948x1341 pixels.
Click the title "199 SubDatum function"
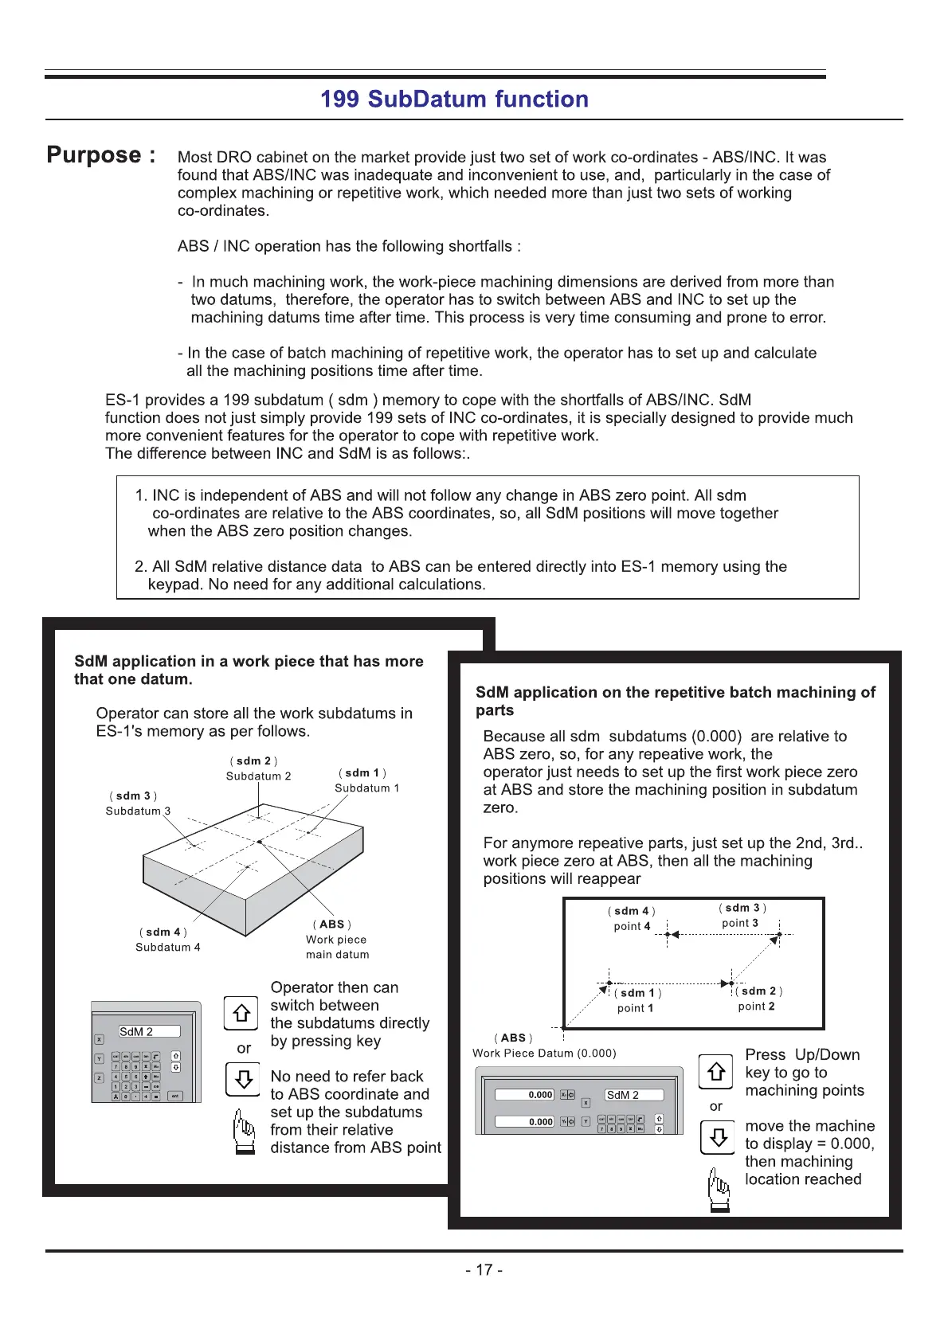click(454, 100)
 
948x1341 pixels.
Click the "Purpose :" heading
click(101, 155)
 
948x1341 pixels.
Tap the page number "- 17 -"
click(484, 1270)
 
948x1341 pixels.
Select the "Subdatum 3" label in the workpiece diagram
click(138, 811)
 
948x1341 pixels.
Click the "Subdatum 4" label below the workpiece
click(168, 948)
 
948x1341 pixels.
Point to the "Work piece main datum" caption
click(337, 947)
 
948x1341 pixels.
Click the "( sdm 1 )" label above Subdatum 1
click(362, 772)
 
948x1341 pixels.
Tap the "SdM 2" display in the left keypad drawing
click(149, 1031)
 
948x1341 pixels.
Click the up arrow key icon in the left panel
click(241, 1013)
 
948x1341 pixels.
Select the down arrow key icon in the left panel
click(243, 1080)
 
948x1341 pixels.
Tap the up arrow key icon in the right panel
click(715, 1071)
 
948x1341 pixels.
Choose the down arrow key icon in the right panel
click(717, 1138)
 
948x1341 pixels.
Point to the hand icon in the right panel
click(718, 1190)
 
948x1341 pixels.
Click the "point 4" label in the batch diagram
click(632, 926)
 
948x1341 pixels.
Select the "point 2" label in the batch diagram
click(756, 1007)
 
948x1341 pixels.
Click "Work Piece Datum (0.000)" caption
click(544, 1053)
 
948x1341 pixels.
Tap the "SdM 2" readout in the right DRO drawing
click(634, 1095)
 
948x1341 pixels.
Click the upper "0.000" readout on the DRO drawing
click(525, 1095)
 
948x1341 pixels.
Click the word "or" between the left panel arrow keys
click(244, 1048)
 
